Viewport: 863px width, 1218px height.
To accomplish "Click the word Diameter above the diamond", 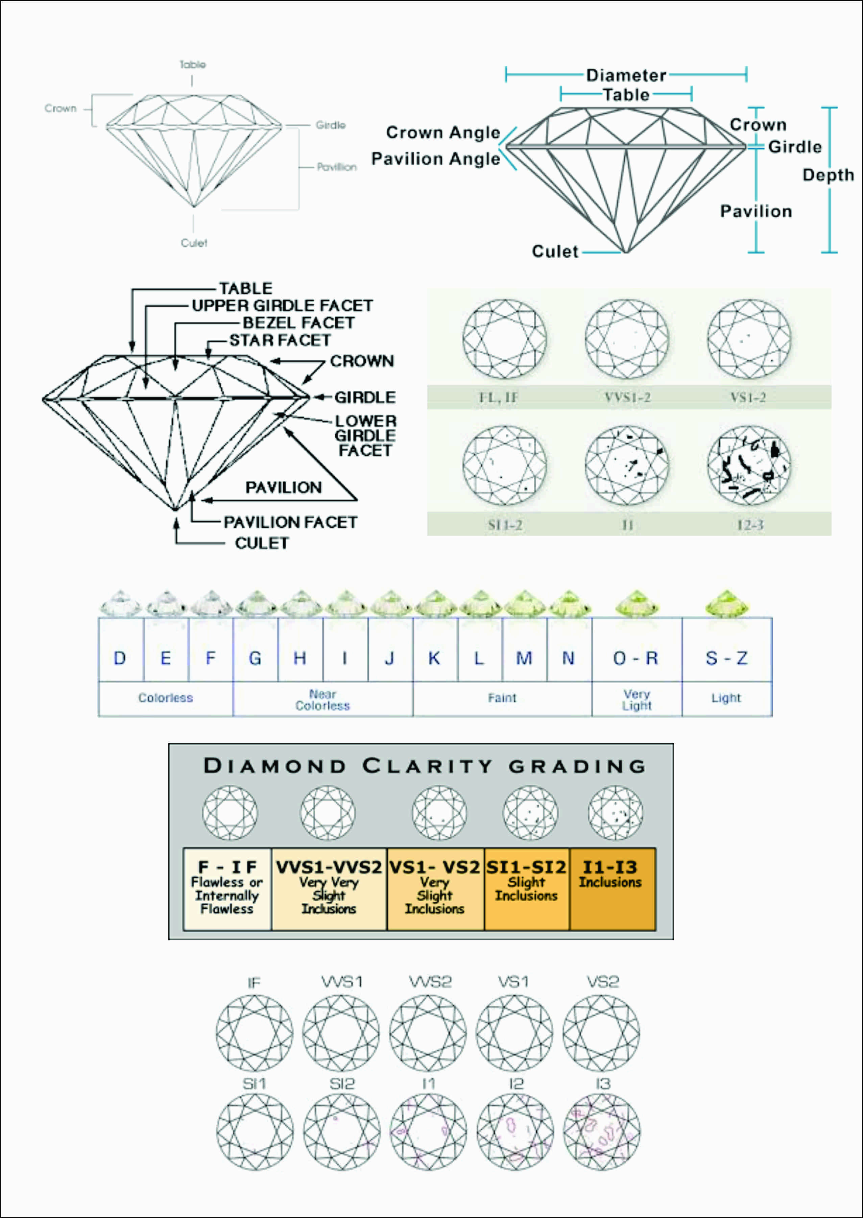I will [626, 75].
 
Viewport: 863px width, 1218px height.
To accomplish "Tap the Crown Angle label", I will [443, 132].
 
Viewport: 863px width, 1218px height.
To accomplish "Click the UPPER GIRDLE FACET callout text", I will [282, 306].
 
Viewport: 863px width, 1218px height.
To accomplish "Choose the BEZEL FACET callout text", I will [298, 323].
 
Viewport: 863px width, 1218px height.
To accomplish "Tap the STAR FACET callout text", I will [280, 340].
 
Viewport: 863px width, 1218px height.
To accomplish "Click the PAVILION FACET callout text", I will [290, 522].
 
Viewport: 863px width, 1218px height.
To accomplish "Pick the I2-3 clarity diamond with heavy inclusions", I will [749, 465].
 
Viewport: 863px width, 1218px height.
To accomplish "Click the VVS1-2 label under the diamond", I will [627, 397].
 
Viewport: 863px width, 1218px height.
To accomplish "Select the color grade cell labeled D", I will [120, 659].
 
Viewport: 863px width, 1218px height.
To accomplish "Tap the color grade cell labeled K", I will [434, 659].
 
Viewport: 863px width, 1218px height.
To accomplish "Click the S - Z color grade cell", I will [726, 659].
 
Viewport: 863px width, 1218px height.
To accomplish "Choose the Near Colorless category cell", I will [322, 700].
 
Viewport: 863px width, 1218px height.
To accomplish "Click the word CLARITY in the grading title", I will [427, 766].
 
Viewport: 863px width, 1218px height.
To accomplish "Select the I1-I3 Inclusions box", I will [612, 889].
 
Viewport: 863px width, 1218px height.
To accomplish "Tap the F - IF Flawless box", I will [227, 889].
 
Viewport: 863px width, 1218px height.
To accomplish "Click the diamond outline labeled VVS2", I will [428, 1033].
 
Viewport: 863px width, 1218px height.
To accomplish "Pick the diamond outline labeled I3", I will [602, 1132].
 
